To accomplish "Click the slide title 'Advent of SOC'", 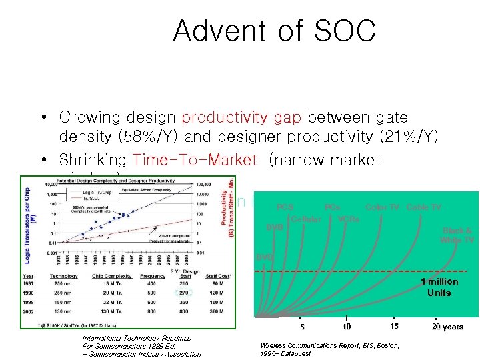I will (x=274, y=31).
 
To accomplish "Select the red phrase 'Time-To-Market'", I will (x=195, y=160).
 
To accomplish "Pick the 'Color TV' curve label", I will (x=383, y=207).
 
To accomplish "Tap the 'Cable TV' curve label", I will (x=424, y=207).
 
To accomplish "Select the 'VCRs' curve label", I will (x=349, y=219).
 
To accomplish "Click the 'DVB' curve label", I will (x=273, y=227).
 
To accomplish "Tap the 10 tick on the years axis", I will (x=346, y=327).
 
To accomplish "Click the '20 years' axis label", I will (x=447, y=327).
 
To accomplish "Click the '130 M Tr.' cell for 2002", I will (x=103, y=310).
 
